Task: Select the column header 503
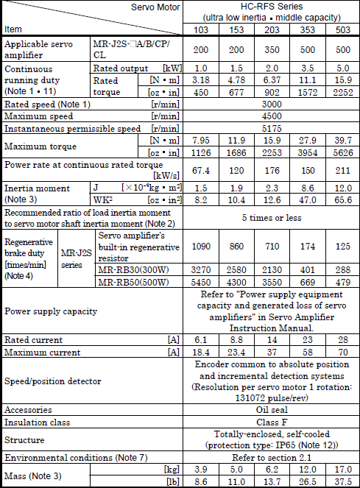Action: point(341,29)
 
